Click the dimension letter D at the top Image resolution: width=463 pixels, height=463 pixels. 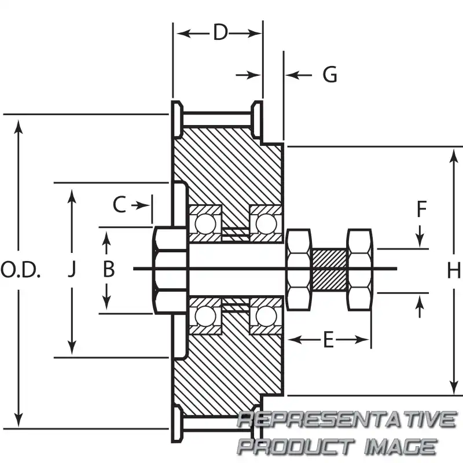[220, 32]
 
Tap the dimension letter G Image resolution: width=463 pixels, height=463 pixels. [330, 75]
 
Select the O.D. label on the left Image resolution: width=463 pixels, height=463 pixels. [21, 270]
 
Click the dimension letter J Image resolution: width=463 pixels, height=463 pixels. [72, 270]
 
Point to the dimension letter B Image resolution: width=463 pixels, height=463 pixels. [108, 269]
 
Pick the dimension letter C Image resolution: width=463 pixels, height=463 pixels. [119, 205]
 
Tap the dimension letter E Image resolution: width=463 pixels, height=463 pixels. [328, 340]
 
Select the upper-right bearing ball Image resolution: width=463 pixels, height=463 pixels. [266, 223]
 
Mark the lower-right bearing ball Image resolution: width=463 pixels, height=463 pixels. [266, 315]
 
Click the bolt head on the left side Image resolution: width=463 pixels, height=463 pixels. [169, 269]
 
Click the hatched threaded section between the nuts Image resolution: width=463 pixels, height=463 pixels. [329, 269]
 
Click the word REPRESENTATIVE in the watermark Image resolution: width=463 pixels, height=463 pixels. [346, 419]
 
